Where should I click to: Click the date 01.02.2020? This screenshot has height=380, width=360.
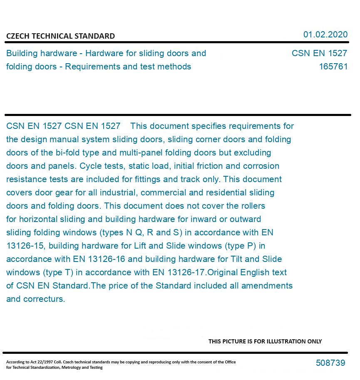[325, 35]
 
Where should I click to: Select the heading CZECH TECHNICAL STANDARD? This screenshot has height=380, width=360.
[60, 36]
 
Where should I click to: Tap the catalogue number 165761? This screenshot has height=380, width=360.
[333, 67]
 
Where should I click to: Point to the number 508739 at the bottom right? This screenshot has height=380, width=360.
[330, 363]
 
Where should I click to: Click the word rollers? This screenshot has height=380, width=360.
[251, 206]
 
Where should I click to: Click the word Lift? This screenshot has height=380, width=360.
[171, 246]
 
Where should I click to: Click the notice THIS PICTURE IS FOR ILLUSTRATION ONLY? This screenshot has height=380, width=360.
[265, 341]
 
